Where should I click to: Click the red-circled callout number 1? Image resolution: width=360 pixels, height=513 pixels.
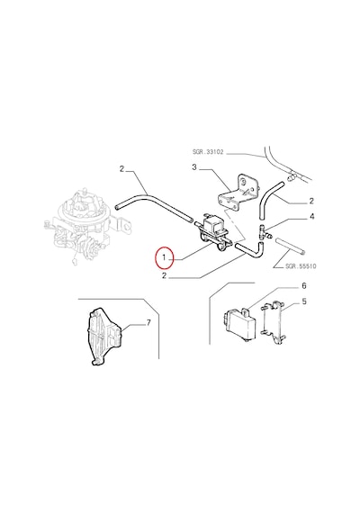pyautogui.click(x=164, y=258)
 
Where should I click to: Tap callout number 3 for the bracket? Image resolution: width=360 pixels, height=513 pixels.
pyautogui.click(x=194, y=167)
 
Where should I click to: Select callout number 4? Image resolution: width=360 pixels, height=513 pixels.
pyautogui.click(x=312, y=217)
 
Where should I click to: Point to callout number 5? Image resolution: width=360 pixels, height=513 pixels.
pyautogui.click(x=304, y=301)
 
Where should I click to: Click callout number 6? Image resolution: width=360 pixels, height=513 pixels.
pyautogui.click(x=303, y=286)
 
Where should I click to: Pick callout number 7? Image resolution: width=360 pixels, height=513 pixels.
pyautogui.click(x=148, y=323)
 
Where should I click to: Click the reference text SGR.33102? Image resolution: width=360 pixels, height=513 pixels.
pyautogui.click(x=208, y=152)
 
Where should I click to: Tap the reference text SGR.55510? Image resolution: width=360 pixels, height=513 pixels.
pyautogui.click(x=301, y=266)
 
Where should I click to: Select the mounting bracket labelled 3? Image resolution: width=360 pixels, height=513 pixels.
pyautogui.click(x=238, y=193)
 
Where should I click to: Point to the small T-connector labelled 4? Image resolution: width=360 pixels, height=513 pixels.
pyautogui.click(x=265, y=231)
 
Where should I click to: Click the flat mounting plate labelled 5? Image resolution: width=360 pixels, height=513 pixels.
pyautogui.click(x=273, y=322)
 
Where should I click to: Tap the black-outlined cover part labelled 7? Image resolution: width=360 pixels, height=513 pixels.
pyautogui.click(x=105, y=337)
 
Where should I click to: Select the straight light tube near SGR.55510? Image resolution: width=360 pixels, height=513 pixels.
pyautogui.click(x=291, y=246)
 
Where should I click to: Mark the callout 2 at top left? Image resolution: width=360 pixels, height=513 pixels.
pyautogui.click(x=121, y=169)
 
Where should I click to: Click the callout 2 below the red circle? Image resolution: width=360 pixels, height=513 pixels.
pyautogui.click(x=164, y=275)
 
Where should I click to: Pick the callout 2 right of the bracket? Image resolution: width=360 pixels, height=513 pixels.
pyautogui.click(x=311, y=201)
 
